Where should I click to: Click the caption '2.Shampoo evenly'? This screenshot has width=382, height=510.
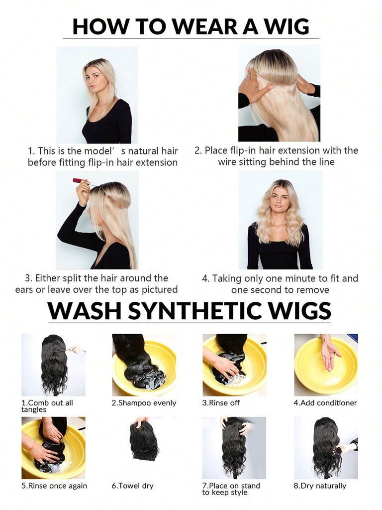(x=144, y=402)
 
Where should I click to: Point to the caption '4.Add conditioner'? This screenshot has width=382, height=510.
(x=325, y=402)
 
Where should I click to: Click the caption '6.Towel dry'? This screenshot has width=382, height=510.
(x=132, y=486)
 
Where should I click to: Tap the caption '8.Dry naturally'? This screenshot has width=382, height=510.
(x=320, y=486)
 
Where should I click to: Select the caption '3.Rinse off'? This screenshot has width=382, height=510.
(x=221, y=402)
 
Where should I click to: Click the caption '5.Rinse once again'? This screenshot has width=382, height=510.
(x=54, y=486)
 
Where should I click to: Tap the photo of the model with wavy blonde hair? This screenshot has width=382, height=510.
(x=280, y=220)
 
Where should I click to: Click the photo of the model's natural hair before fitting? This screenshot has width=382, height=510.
(x=97, y=95)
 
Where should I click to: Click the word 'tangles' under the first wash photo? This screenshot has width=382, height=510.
(x=33, y=409)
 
